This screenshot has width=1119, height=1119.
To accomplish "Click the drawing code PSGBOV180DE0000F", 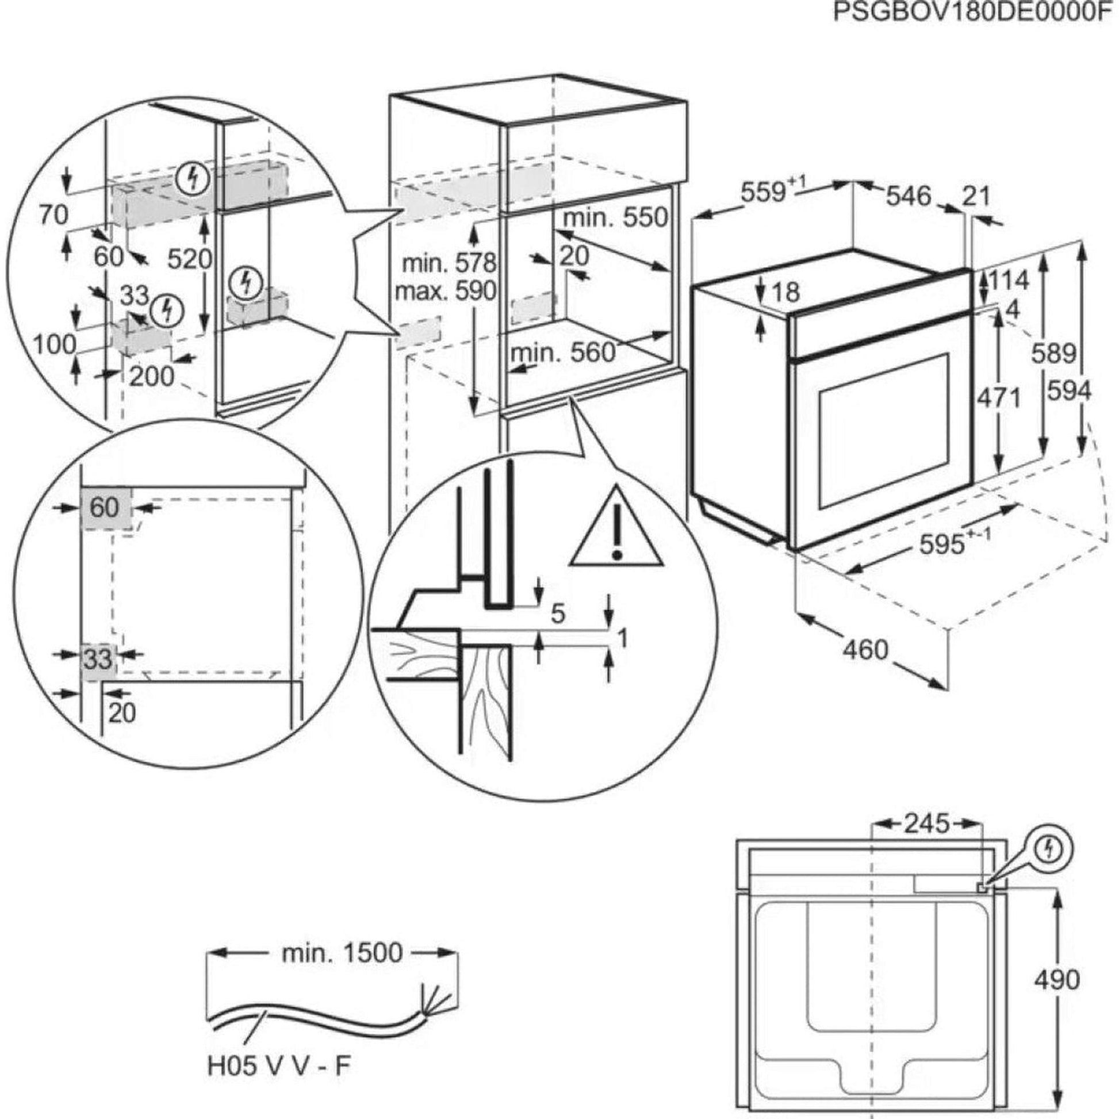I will click(x=975, y=13).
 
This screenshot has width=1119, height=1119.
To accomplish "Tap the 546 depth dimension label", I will click(x=908, y=196).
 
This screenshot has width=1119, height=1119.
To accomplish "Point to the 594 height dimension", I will click(x=1069, y=392).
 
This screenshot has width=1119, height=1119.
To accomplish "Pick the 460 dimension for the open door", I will click(x=865, y=649).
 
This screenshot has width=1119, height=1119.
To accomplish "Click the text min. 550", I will click(x=615, y=219).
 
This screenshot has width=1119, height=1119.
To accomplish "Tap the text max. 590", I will click(x=446, y=291).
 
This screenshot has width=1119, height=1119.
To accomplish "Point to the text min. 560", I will click(x=562, y=352).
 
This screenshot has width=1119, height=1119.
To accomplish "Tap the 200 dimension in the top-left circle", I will click(x=152, y=377).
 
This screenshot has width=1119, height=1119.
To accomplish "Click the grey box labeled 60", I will click(x=105, y=508).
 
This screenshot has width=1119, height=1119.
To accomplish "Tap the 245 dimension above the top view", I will click(x=927, y=823).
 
